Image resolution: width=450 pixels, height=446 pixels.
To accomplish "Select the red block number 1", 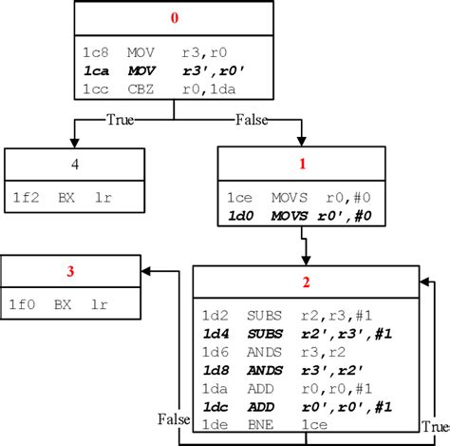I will coord(303,164).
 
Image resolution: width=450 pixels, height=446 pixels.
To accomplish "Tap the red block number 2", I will coord(306,282).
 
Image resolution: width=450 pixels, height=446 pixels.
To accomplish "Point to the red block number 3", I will coord(71,272).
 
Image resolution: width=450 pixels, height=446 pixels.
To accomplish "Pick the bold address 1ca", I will coord(96,71).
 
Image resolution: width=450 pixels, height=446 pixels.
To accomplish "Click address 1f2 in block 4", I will coord(26,199).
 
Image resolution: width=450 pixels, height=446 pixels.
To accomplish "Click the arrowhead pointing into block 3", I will coord(147,272).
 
